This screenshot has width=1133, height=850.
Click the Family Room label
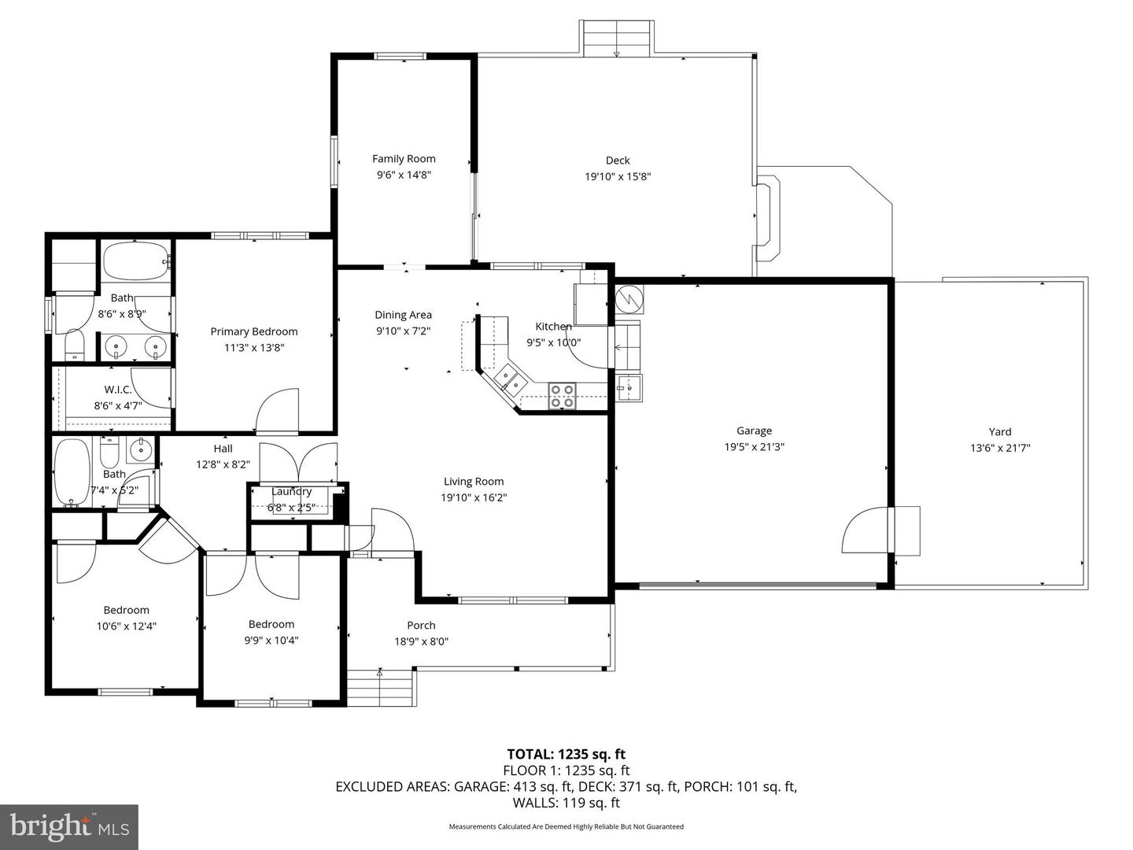pos(404,159)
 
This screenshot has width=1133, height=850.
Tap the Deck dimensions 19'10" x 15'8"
pos(618,177)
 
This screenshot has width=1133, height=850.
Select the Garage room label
pos(754,431)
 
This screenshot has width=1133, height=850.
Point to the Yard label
pos(1000,431)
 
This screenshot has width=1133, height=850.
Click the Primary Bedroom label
pos(253,331)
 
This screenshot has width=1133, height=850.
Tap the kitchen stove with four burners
pos(562,395)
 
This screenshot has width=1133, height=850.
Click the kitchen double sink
pos(510,381)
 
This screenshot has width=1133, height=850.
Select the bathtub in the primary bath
pos(135,261)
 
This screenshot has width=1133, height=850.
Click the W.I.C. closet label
pos(118,390)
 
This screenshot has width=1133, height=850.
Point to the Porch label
pos(421,625)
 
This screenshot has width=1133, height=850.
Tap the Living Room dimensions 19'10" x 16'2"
pos(474,497)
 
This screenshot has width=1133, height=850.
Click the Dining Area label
pos(403,315)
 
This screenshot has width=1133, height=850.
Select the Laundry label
pos(292,492)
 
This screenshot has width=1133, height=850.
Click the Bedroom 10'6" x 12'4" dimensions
pos(126,626)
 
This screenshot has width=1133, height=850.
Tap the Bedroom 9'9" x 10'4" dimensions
pos(271,640)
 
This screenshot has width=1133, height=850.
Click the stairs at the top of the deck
pos(616,38)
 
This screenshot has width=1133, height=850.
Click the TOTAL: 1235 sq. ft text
pos(566,755)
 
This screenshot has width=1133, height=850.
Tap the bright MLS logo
pos(69,826)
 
